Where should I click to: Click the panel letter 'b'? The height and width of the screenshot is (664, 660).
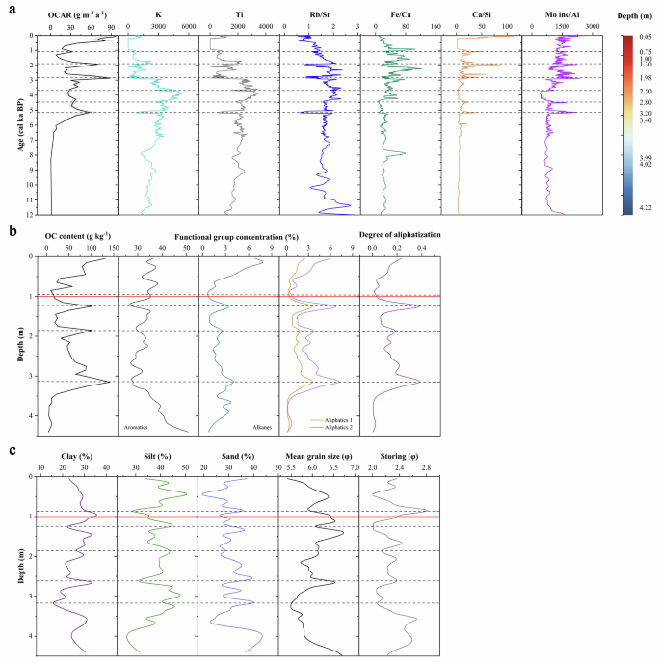click(11, 231)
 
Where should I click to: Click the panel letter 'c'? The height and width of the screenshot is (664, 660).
click(11, 450)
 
